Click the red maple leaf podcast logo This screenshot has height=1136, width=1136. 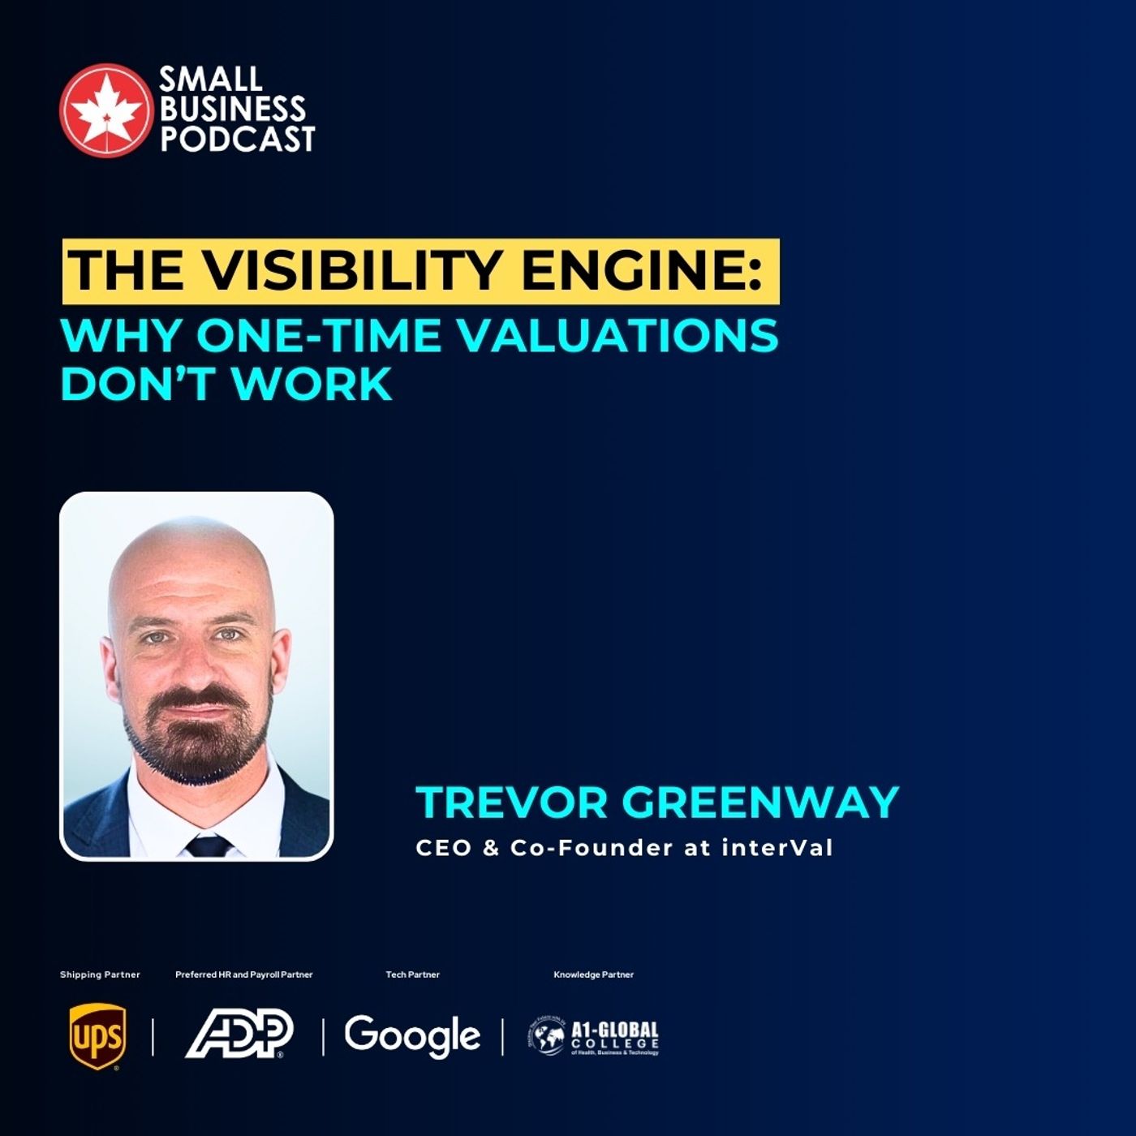[105, 109]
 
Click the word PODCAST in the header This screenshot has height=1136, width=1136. [237, 139]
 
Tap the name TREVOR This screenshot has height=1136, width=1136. [512, 802]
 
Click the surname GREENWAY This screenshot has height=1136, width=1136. [760, 802]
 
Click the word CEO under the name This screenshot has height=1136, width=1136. [443, 848]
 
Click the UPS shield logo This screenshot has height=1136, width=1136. [97, 1036]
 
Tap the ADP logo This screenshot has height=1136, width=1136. [239, 1034]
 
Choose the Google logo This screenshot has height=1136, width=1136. [412, 1036]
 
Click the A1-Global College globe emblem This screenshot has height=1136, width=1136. [547, 1036]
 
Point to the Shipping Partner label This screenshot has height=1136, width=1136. [100, 975]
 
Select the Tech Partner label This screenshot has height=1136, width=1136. [412, 975]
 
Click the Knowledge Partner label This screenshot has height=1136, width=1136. [593, 975]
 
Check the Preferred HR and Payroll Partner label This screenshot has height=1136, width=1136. [243, 975]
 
